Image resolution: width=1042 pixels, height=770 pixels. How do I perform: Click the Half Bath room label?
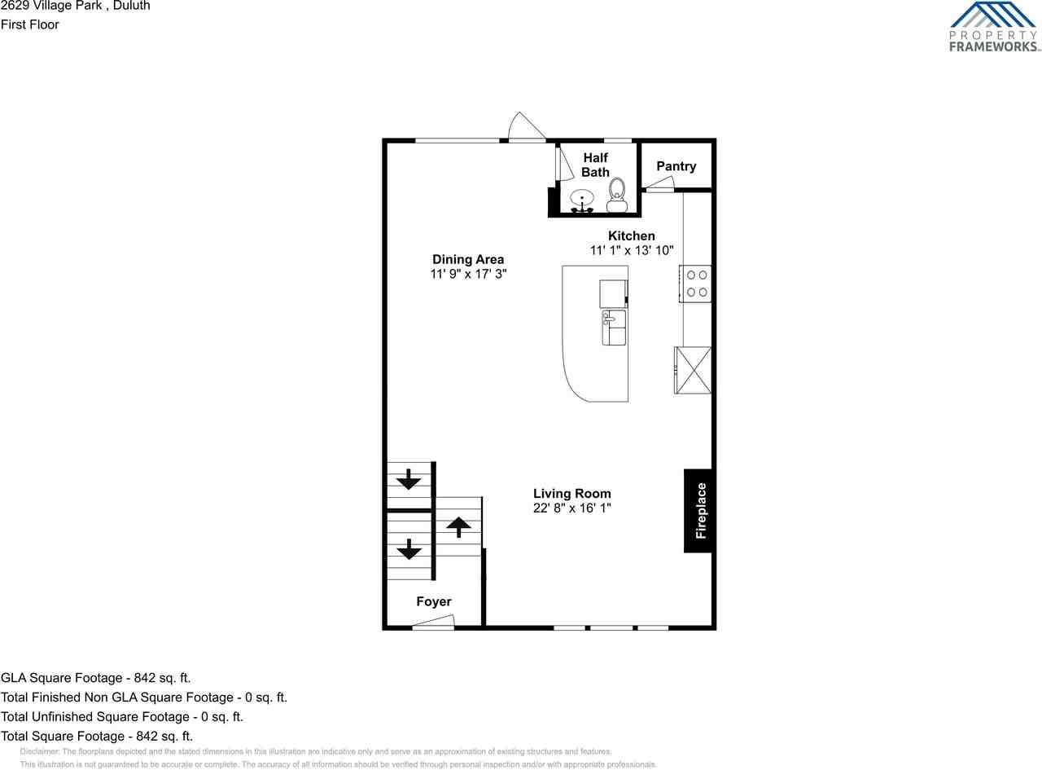pyautogui.click(x=595, y=165)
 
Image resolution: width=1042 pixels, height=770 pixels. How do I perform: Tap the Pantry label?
pyautogui.click(x=676, y=166)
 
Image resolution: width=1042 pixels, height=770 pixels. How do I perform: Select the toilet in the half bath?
pyautogui.click(x=616, y=195)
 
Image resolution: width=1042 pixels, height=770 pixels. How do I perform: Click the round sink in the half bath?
pyautogui.click(x=582, y=199)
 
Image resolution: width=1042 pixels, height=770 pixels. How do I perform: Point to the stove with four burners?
pyautogui.click(x=696, y=284)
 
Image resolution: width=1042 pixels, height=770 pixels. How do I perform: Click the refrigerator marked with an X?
pyautogui.click(x=693, y=370)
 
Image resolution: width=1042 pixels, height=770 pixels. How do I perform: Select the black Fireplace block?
pyautogui.click(x=699, y=511)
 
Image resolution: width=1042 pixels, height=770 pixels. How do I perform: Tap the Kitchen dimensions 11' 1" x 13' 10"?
pyautogui.click(x=632, y=251)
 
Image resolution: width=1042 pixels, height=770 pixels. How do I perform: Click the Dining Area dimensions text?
pyautogui.click(x=468, y=275)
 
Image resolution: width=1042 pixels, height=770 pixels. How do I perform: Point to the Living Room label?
pyautogui.click(x=571, y=493)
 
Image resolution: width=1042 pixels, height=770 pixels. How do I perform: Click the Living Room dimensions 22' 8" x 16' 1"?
pyautogui.click(x=571, y=508)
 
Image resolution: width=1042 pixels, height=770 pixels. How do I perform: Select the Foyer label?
pyautogui.click(x=433, y=601)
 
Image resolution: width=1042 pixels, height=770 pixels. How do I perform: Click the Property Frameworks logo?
pyautogui.click(x=994, y=27)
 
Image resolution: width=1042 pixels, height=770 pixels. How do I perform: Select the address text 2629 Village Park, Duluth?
pyautogui.click(x=75, y=6)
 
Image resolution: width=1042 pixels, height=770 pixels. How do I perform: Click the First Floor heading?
pyautogui.click(x=30, y=24)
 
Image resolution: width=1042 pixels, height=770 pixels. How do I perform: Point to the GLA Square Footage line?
pyautogui.click(x=96, y=677)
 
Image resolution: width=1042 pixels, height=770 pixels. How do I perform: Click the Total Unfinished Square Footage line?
pyautogui.click(x=122, y=716)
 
